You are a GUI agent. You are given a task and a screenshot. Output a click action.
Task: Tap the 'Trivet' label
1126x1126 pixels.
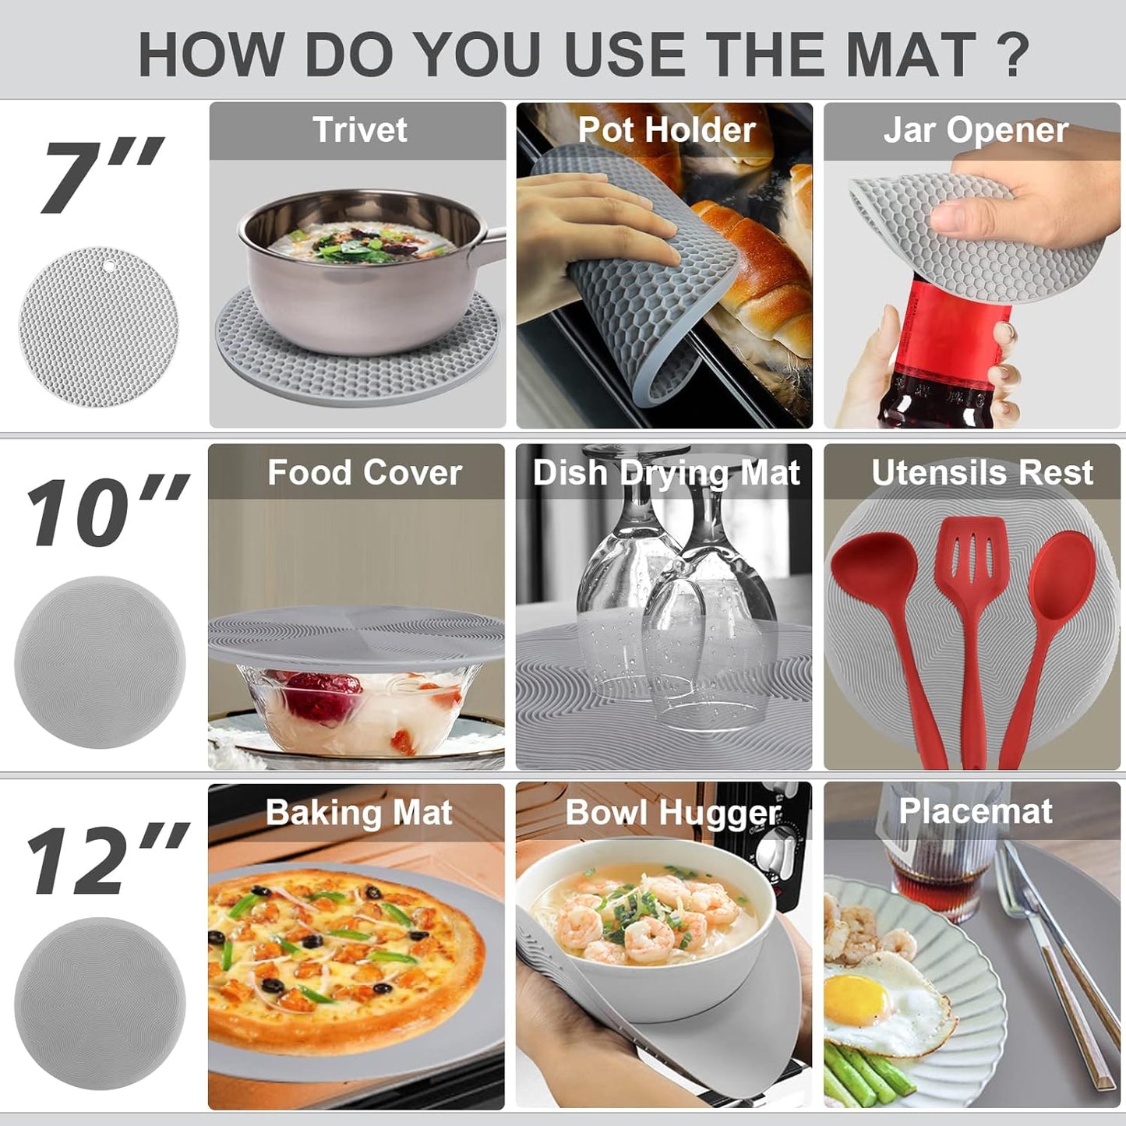(x=359, y=129)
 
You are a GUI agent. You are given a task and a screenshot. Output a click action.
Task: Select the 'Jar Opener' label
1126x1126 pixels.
(x=975, y=130)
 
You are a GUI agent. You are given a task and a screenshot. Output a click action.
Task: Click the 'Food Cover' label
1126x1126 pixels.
(x=365, y=472)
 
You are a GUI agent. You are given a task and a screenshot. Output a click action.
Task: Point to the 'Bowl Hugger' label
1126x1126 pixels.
(x=672, y=813)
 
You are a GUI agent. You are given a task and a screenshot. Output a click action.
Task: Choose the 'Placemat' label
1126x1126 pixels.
(x=976, y=811)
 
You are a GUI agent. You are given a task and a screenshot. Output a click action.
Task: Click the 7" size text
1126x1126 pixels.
(x=101, y=175)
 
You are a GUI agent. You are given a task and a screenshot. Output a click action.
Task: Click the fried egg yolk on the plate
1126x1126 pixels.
(x=856, y=1000)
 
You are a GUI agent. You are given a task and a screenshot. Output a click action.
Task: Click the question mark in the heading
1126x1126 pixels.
(x=1013, y=55)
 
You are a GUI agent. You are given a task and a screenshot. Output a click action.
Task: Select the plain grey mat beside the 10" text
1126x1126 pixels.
(x=100, y=662)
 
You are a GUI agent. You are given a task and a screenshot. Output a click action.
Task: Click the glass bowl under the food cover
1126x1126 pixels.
(x=351, y=709)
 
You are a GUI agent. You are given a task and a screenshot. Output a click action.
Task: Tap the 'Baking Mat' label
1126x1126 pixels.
(x=358, y=813)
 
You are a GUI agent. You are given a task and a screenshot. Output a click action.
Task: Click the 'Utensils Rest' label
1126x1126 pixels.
(x=982, y=472)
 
